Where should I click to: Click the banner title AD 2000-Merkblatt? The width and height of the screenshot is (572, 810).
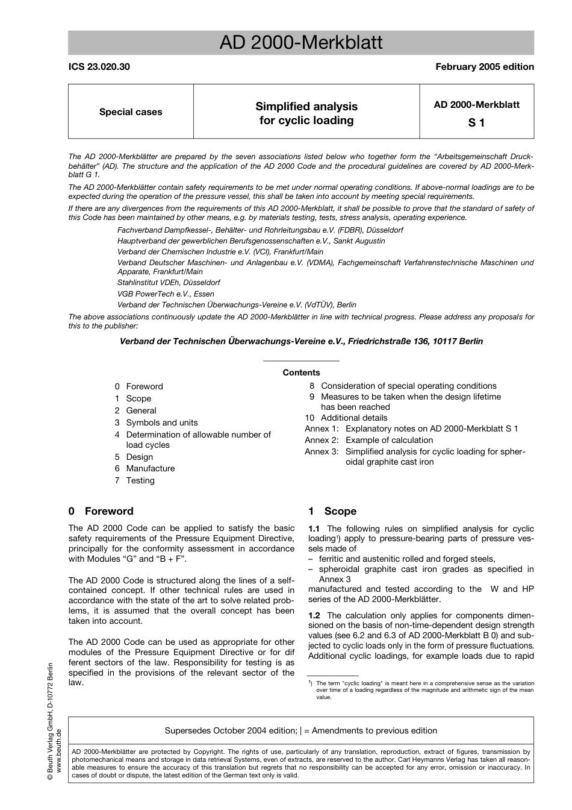pyautogui.click(x=300, y=43)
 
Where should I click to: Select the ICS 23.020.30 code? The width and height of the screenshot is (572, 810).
pyautogui.click(x=99, y=67)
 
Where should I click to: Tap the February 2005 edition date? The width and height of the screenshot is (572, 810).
pyautogui.click(x=484, y=67)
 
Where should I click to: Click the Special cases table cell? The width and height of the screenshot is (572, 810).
pyautogui.click(x=131, y=112)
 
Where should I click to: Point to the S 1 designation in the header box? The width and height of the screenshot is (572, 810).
pyautogui.click(x=476, y=123)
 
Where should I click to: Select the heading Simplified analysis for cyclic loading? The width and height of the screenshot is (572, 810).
pyautogui.click(x=306, y=113)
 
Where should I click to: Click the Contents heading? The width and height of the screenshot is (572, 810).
pyautogui.click(x=301, y=372)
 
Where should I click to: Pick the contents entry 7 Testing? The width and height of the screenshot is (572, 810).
pyautogui.click(x=135, y=480)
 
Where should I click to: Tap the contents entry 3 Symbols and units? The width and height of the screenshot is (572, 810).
pyautogui.click(x=156, y=422)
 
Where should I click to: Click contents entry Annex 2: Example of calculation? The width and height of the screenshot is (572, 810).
pyautogui.click(x=368, y=440)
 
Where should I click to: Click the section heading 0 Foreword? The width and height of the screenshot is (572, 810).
pyautogui.click(x=101, y=511)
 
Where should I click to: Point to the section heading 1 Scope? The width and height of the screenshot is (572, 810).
pyautogui.click(x=332, y=511)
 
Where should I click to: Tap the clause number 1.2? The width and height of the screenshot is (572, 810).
pyautogui.click(x=314, y=615)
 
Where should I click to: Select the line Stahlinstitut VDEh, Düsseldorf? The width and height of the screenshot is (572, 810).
pyautogui.click(x=169, y=282)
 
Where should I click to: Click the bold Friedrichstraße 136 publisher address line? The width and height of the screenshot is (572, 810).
pyautogui.click(x=301, y=341)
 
